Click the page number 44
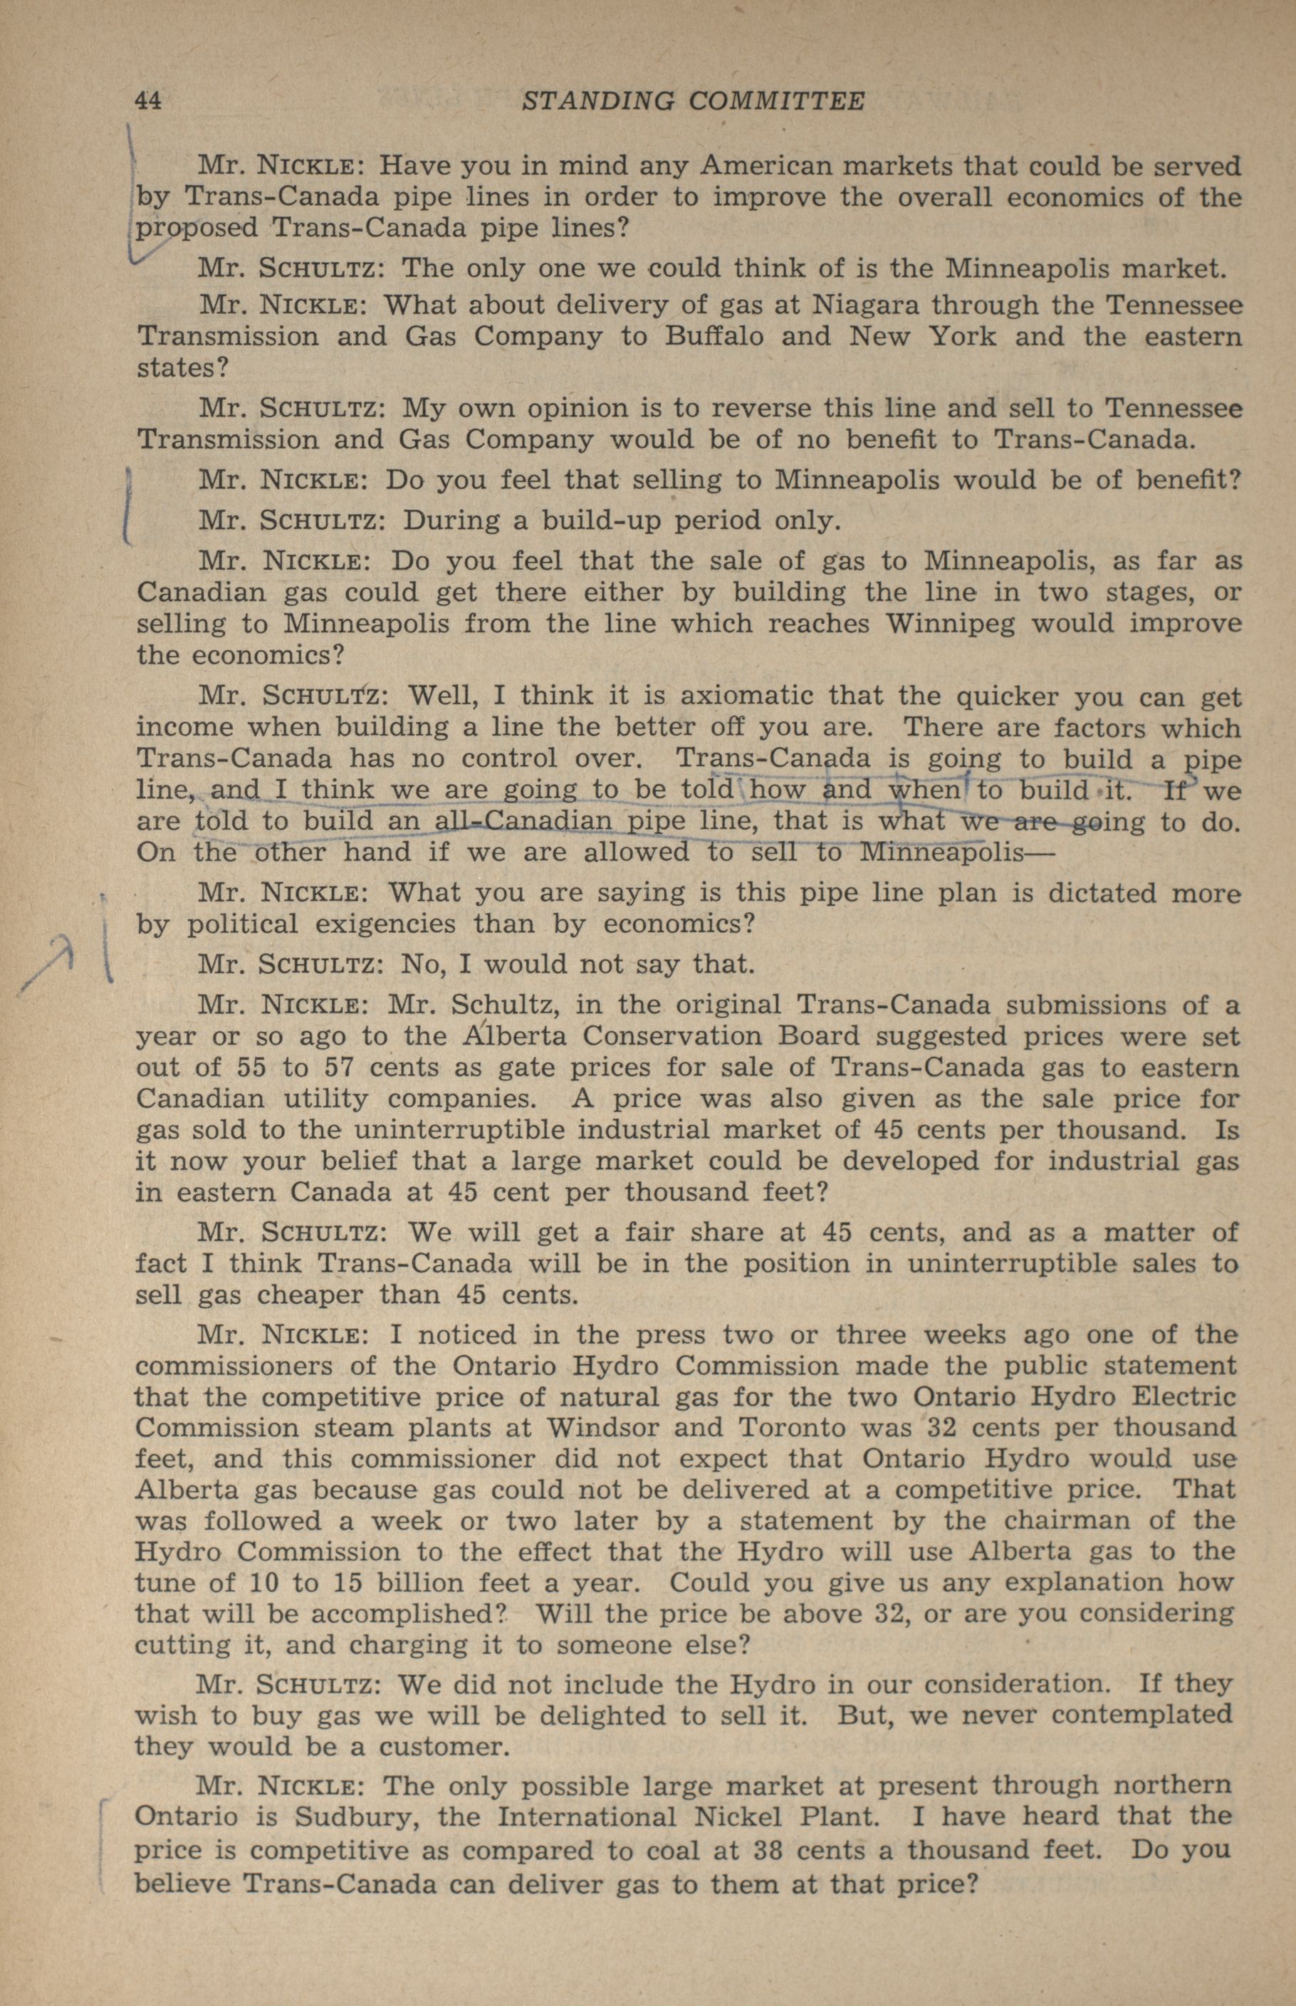pyautogui.click(x=148, y=101)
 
